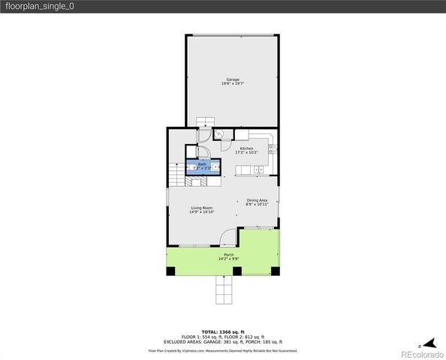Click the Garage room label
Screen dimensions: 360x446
tap(233, 79)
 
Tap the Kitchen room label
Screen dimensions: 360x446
tap(247, 148)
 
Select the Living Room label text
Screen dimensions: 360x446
tap(201, 208)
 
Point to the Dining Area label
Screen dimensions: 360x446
tap(258, 200)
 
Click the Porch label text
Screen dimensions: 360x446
tap(228, 255)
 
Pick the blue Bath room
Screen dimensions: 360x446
tap(203, 166)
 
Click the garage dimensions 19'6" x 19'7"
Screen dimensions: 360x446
tap(233, 84)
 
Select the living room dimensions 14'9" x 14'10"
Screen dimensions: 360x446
tap(201, 212)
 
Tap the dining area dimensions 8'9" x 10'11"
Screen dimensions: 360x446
tap(258, 205)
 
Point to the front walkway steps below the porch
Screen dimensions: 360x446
tap(223, 290)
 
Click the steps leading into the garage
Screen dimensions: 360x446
tap(205, 122)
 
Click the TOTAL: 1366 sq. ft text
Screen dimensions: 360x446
tap(223, 331)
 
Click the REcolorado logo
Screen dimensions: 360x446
tap(421, 353)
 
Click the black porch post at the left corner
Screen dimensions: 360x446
tap(170, 271)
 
